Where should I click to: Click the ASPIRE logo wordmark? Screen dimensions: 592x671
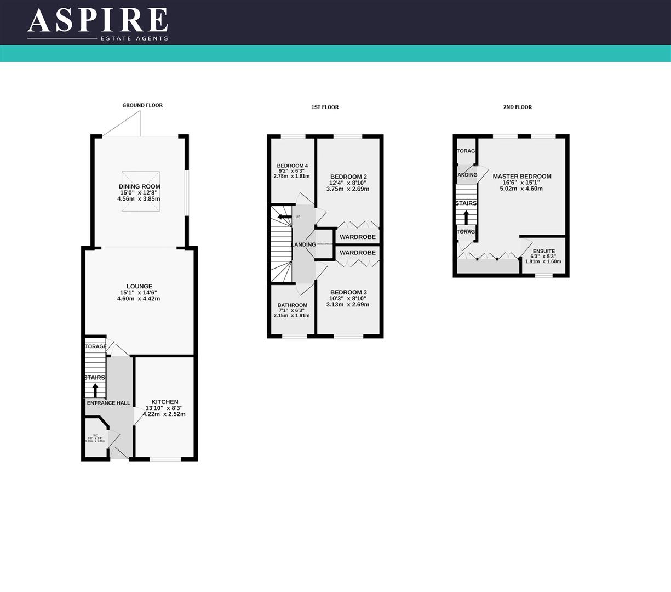pyautogui.click(x=98, y=21)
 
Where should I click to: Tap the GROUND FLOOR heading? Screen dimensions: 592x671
pyautogui.click(x=142, y=105)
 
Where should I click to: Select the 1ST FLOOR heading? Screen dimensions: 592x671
pyautogui.click(x=325, y=107)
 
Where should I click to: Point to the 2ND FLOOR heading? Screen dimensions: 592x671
pyautogui.click(x=518, y=107)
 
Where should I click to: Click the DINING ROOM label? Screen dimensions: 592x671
pyautogui.click(x=139, y=186)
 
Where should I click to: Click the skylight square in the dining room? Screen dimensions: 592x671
pyautogui.click(x=141, y=191)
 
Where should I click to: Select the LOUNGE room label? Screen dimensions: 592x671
pyautogui.click(x=139, y=286)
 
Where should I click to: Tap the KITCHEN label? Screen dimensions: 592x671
pyautogui.click(x=165, y=402)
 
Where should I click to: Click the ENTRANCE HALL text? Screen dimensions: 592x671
pyautogui.click(x=108, y=403)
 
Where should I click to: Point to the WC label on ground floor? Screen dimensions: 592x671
pyautogui.click(x=95, y=436)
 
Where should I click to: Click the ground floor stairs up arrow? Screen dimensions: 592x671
pyautogui.click(x=95, y=390)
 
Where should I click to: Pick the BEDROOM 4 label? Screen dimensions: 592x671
pyautogui.click(x=292, y=166)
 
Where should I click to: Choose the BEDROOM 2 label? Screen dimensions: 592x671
pyautogui.click(x=348, y=177)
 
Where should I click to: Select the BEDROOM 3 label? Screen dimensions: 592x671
pyautogui.click(x=348, y=292)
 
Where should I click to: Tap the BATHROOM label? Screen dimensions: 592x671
pyautogui.click(x=292, y=305)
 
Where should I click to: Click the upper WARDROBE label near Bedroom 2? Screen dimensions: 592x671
pyautogui.click(x=358, y=237)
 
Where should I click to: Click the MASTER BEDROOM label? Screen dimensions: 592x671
pyautogui.click(x=521, y=177)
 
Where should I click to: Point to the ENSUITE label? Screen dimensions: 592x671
pyautogui.click(x=543, y=251)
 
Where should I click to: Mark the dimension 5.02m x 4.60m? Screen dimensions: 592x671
pyautogui.click(x=521, y=189)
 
